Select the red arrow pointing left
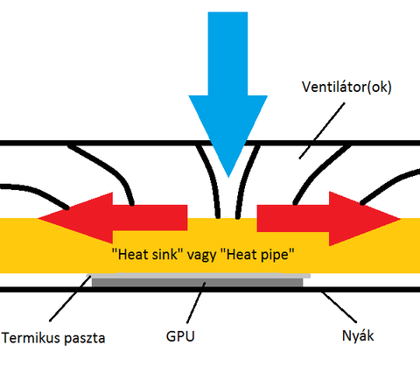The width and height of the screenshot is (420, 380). (112, 218)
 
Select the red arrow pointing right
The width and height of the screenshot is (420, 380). (329, 218)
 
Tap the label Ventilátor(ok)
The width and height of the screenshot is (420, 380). (346, 87)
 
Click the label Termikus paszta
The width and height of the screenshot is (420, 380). (53, 338)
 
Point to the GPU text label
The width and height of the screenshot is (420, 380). (180, 336)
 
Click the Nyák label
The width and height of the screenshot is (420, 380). (358, 336)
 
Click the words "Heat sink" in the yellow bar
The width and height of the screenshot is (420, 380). (145, 254)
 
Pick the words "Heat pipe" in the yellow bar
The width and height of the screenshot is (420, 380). (257, 255)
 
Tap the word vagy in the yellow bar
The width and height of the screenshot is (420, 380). (201, 256)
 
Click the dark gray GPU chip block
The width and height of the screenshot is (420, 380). (198, 282)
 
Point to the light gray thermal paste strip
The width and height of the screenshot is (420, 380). (199, 276)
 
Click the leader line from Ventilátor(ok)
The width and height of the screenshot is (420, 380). (322, 130)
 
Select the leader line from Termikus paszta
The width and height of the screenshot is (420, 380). (70, 299)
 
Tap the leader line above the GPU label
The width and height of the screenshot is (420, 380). (196, 302)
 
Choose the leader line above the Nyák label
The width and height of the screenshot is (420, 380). (339, 307)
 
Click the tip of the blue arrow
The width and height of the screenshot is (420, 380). (228, 177)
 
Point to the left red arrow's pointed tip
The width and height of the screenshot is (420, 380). (38, 218)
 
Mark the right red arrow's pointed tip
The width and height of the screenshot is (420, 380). (401, 219)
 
